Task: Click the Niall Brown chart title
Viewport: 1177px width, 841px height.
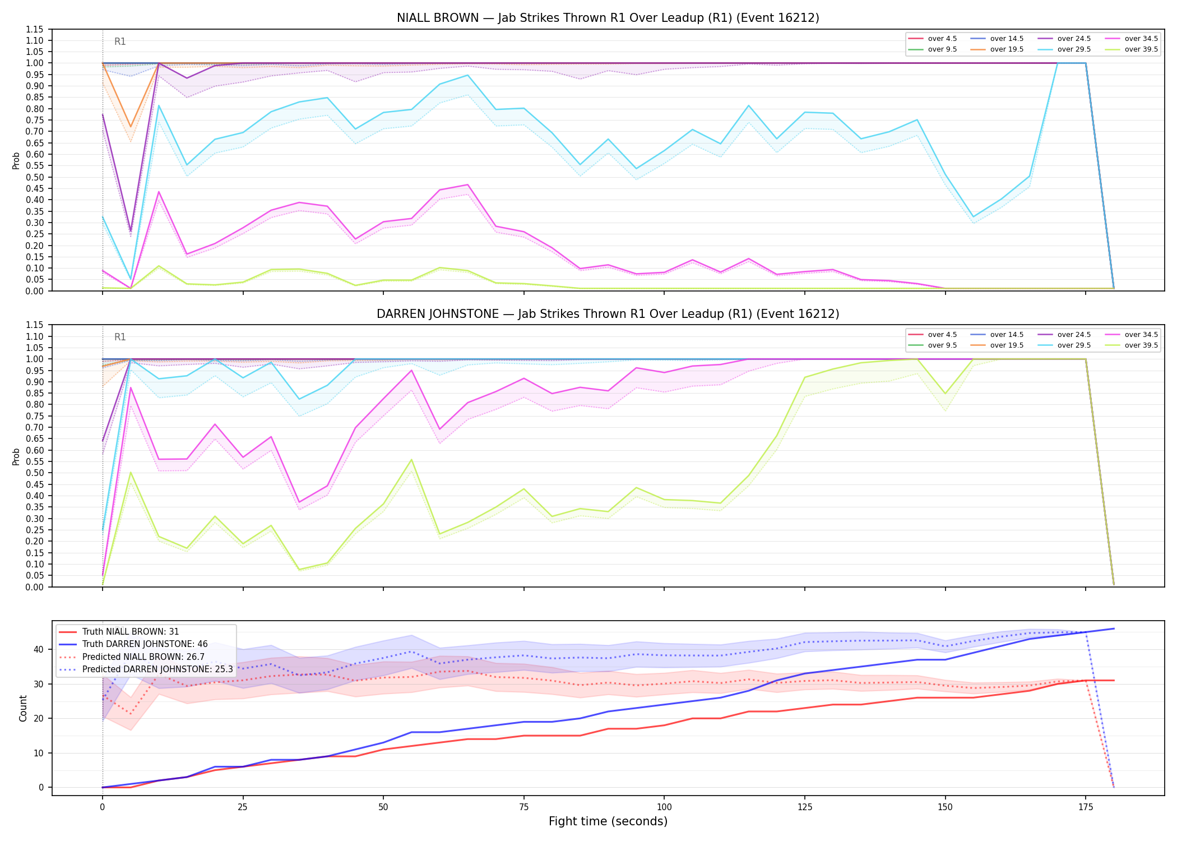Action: [608, 18]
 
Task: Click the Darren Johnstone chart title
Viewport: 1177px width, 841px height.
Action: [608, 314]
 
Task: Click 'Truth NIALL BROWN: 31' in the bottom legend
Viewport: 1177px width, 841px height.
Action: [119, 632]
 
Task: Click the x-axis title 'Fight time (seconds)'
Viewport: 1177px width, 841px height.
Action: [608, 821]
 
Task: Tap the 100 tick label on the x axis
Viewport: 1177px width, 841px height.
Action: [664, 807]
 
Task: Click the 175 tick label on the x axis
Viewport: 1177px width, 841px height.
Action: [1086, 807]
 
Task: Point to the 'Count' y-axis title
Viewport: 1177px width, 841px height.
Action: [23, 708]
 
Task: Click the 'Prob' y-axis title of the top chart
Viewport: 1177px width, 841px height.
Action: [16, 160]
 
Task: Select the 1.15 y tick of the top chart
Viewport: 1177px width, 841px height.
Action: [35, 29]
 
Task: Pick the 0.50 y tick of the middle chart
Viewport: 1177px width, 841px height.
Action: [35, 473]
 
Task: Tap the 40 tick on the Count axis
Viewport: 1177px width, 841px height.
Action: [39, 649]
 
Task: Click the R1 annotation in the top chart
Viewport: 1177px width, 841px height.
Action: [120, 41]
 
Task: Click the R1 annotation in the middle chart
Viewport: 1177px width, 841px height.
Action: [120, 337]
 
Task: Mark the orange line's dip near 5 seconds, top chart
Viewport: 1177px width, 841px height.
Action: [131, 127]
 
